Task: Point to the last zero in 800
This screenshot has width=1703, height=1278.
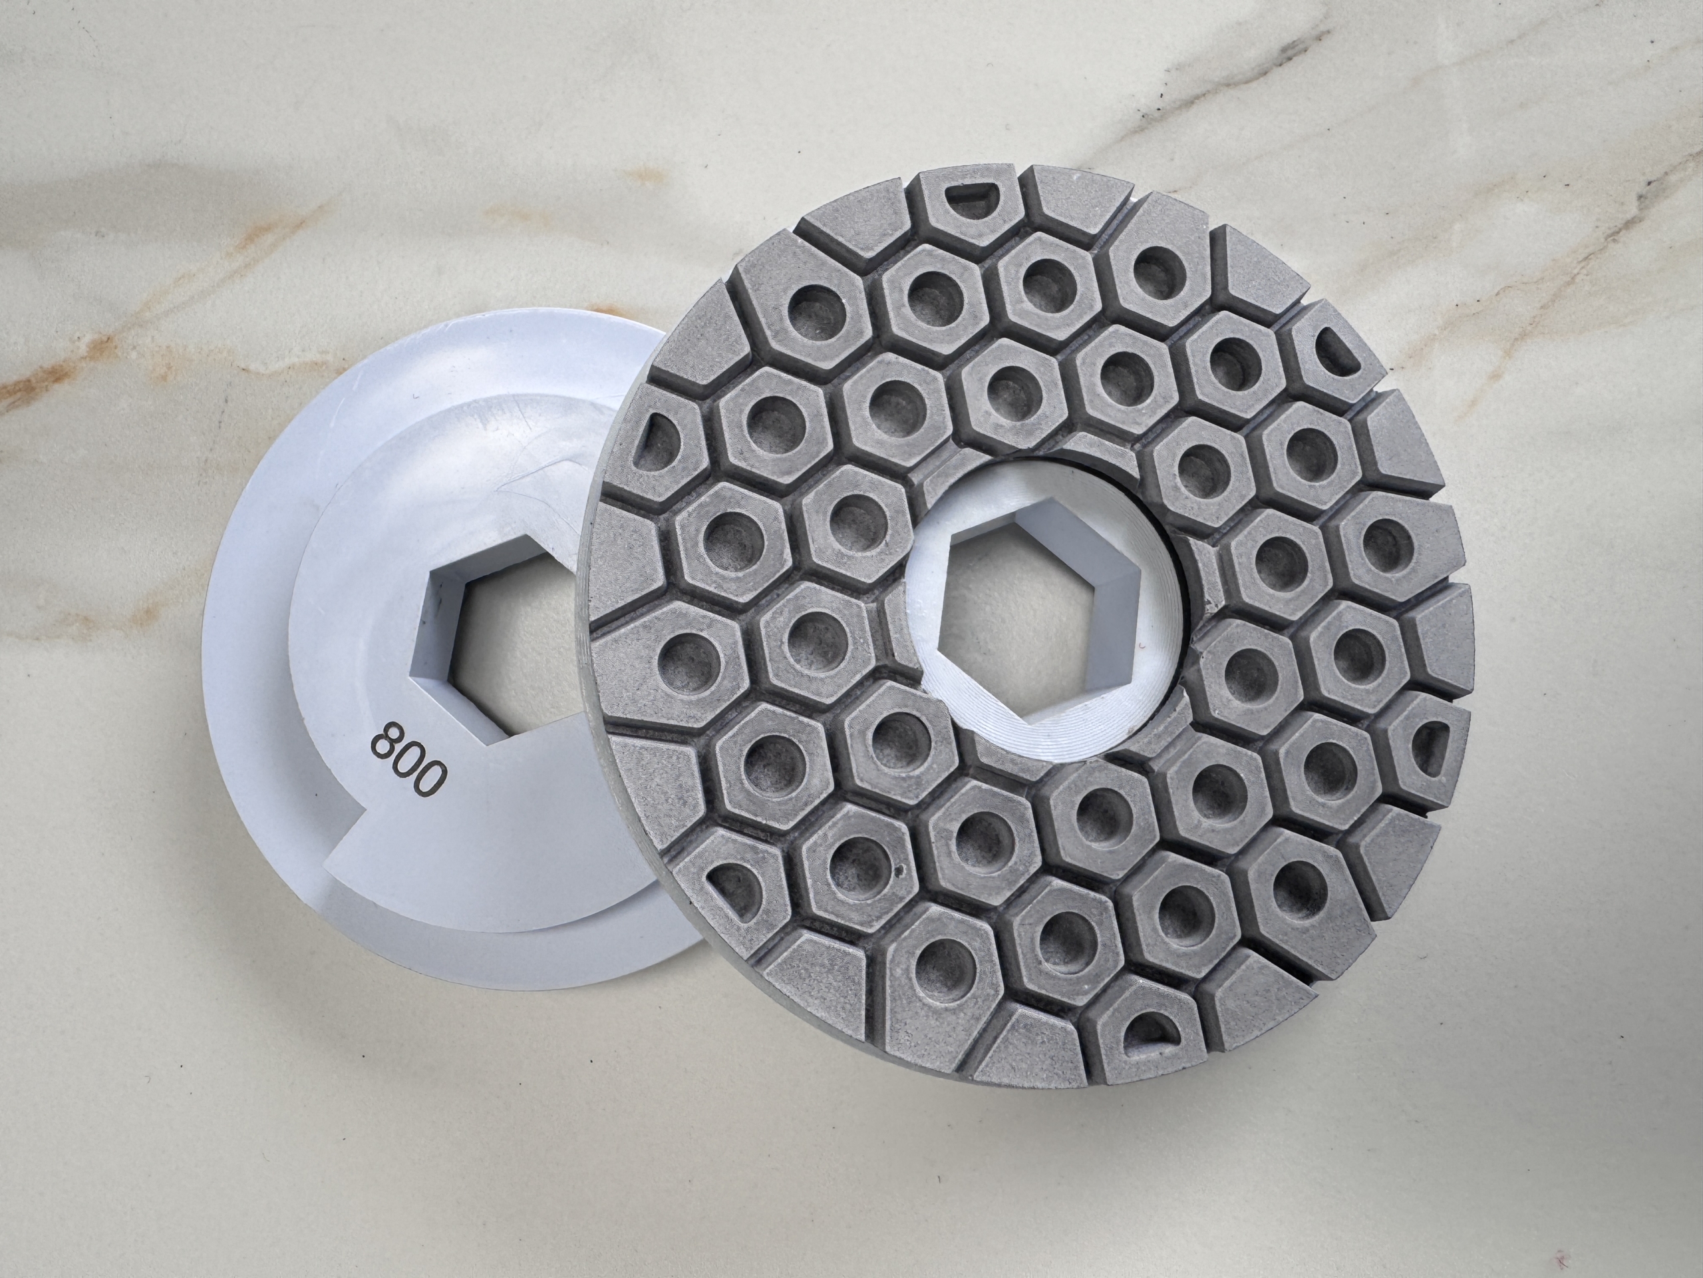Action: tap(431, 782)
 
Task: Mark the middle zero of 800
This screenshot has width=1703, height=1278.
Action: tap(408, 761)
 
